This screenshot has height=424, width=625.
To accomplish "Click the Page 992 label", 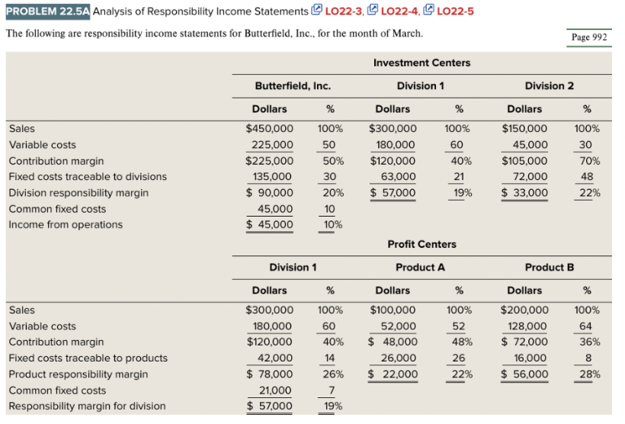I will tap(591, 37).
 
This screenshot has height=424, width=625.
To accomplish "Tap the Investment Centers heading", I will tap(421, 63).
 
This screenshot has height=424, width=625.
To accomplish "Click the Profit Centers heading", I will tap(421, 244).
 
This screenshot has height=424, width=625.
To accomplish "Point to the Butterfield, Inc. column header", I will tap(287, 85).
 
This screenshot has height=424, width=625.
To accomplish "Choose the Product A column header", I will tap(420, 268).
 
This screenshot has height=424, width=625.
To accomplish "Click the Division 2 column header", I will tap(549, 85).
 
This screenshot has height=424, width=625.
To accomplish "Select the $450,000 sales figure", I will tap(269, 129).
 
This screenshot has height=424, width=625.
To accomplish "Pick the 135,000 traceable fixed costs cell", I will tap(273, 177).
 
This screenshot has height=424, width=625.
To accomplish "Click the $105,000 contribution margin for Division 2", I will tap(524, 161).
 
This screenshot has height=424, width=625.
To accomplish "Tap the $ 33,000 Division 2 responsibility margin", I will tap(524, 193).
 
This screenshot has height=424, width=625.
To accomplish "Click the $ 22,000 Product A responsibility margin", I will tap(393, 374).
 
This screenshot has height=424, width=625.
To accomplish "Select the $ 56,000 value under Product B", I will tap(524, 374).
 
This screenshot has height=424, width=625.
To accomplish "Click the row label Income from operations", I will tap(66, 225).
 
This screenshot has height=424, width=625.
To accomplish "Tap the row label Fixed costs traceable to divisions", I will tap(88, 177).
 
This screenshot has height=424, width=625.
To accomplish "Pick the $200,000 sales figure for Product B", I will tap(524, 310).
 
